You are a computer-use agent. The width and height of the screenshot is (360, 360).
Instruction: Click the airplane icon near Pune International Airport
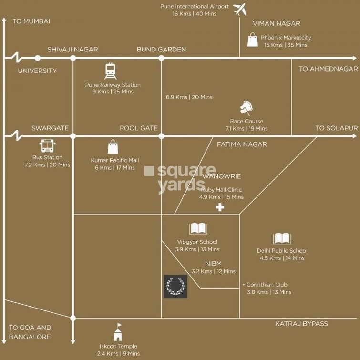pos(240,9)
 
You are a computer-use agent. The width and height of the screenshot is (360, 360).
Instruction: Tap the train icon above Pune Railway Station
pos(111,71)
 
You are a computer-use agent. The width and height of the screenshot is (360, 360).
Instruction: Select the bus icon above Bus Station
pos(47,146)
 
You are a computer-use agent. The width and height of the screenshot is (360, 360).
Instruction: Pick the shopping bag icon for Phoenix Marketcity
pos(252,40)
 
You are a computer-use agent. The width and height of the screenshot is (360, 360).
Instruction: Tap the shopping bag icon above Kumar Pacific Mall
pos(113,147)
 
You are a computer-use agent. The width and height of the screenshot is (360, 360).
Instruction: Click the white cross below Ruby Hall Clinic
pos(220,207)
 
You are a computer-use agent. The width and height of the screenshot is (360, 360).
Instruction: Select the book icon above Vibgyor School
pos(198,228)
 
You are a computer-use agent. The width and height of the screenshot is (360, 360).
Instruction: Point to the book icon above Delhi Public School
pos(282,238)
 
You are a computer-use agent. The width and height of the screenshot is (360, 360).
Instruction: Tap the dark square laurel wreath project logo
pos(175,287)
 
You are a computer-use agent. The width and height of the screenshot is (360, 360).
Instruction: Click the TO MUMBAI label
pos(31,21)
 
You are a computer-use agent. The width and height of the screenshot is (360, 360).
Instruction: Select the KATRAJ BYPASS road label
pos(301,324)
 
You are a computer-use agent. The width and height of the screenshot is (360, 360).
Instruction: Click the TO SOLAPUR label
pos(336,128)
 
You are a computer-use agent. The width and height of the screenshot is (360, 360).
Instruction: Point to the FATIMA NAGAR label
pos(242,144)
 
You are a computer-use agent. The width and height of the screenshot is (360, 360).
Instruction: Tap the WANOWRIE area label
pos(218,176)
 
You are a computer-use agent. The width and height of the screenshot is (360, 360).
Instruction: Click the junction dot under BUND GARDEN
pos(161,58)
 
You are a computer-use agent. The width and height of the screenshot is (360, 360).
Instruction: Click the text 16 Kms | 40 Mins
pos(195,14)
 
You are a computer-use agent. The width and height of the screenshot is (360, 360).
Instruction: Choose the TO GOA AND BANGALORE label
pos(30,332)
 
